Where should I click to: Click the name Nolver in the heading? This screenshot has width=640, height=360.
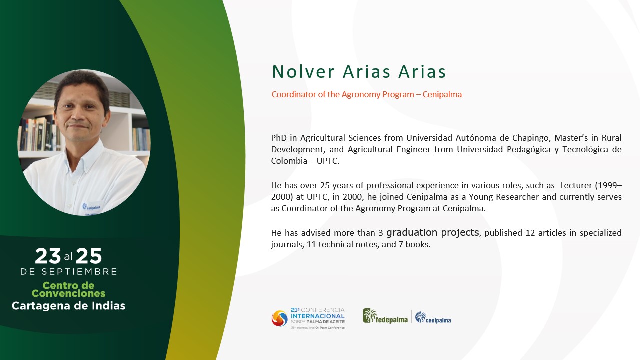[x=303, y=71]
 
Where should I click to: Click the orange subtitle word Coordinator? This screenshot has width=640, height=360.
[x=294, y=94]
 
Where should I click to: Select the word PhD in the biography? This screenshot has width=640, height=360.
[x=279, y=138]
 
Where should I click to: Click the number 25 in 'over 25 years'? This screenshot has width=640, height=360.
[x=325, y=185]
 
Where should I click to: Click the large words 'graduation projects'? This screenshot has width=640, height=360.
[x=432, y=233]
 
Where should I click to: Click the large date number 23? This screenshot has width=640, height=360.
[x=48, y=256]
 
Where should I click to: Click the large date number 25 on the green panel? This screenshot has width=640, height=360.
[x=89, y=256]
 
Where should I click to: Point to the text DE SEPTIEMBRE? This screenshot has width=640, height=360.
[x=69, y=272]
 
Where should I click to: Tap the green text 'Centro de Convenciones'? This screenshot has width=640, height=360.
[x=68, y=289]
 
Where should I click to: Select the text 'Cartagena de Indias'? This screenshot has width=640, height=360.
[x=68, y=306]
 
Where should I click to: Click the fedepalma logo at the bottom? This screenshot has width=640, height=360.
[x=385, y=316]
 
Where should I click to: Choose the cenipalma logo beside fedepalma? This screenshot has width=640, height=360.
[x=433, y=317]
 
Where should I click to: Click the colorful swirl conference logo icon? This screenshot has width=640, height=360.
[x=279, y=318]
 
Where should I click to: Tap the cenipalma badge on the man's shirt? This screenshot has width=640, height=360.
[x=91, y=207]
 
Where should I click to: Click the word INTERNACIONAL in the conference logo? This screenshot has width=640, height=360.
[x=317, y=316]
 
